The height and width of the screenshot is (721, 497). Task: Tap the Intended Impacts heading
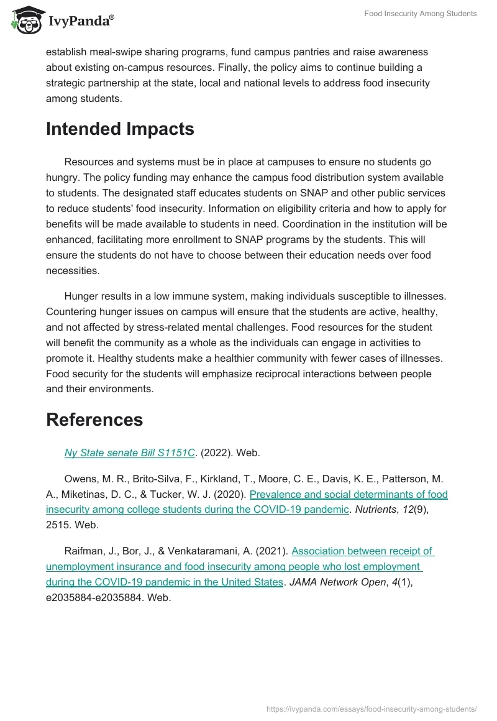[x=120, y=129]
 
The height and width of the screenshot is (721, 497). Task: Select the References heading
[x=94, y=420]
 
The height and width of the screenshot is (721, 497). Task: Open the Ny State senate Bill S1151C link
[x=130, y=453]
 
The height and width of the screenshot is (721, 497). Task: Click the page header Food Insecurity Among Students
[x=420, y=14]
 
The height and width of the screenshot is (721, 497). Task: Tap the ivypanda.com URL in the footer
[x=371, y=709]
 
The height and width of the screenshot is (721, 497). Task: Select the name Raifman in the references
[x=84, y=551]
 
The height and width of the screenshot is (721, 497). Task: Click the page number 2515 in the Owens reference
[x=58, y=525]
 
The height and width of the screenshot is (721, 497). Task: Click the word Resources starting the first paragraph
[x=91, y=162]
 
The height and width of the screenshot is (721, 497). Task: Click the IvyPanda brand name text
[x=81, y=21]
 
